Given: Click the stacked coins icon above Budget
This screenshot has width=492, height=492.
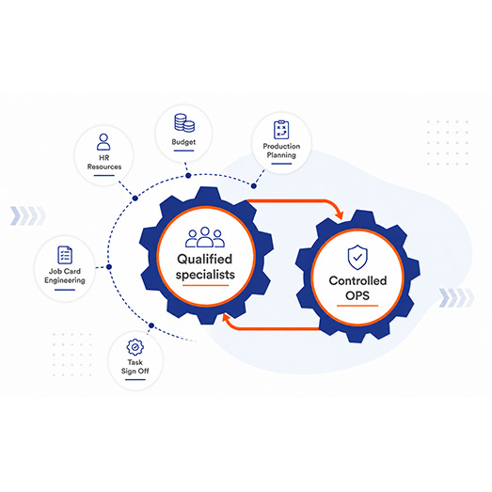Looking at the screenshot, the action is coord(184,122).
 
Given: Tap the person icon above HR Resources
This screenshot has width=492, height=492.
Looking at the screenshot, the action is coord(103,142).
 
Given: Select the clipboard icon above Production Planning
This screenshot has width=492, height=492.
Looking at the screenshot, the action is coord(281,130).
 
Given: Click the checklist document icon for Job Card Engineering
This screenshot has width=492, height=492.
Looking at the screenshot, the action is coord(65,255).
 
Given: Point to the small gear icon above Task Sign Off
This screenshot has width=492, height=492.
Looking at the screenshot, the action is coord(135,347).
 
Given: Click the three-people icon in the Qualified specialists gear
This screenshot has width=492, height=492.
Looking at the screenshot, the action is coord(205,237).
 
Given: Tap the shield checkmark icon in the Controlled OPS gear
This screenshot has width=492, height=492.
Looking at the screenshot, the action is coord(357,258).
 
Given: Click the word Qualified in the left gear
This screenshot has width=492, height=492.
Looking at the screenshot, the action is coord(204,260).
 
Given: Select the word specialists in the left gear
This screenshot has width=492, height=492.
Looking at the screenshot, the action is coord(205,275).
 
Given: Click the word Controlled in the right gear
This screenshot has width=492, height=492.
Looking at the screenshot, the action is coord(357,280).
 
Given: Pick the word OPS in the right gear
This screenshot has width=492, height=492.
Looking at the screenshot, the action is coord(357,295).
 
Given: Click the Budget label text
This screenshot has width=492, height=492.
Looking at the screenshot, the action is coord(183,142).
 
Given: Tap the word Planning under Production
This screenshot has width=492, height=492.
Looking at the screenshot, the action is coord(281,155).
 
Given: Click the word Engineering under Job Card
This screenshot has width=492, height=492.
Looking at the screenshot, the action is coord(65,280).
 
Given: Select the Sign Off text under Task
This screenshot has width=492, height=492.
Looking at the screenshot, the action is coord(135,371).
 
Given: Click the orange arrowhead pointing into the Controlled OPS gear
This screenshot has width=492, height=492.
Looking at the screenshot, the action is coord(339,214).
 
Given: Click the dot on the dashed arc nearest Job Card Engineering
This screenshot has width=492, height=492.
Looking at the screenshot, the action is coord(109,267).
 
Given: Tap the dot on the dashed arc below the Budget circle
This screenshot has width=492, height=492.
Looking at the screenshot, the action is coord(188,176).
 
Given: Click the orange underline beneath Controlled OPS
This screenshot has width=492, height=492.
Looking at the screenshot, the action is coord(357,306).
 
